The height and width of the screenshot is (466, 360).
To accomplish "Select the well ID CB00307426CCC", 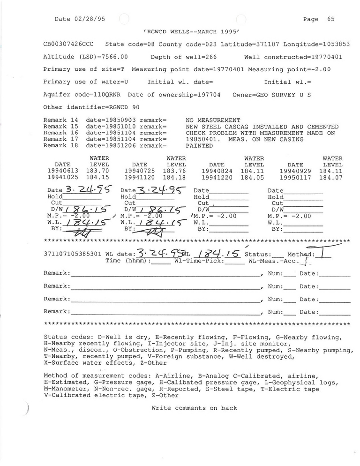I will point(68,44).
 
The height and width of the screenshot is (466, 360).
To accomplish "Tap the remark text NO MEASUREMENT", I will point(213,120).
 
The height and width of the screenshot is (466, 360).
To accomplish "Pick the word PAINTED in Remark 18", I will point(199,146).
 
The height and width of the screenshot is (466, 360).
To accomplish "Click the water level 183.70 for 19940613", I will point(99,172).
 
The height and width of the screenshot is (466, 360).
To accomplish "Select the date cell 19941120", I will point(139,178).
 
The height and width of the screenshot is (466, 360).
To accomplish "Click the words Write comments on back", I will point(194,408).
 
